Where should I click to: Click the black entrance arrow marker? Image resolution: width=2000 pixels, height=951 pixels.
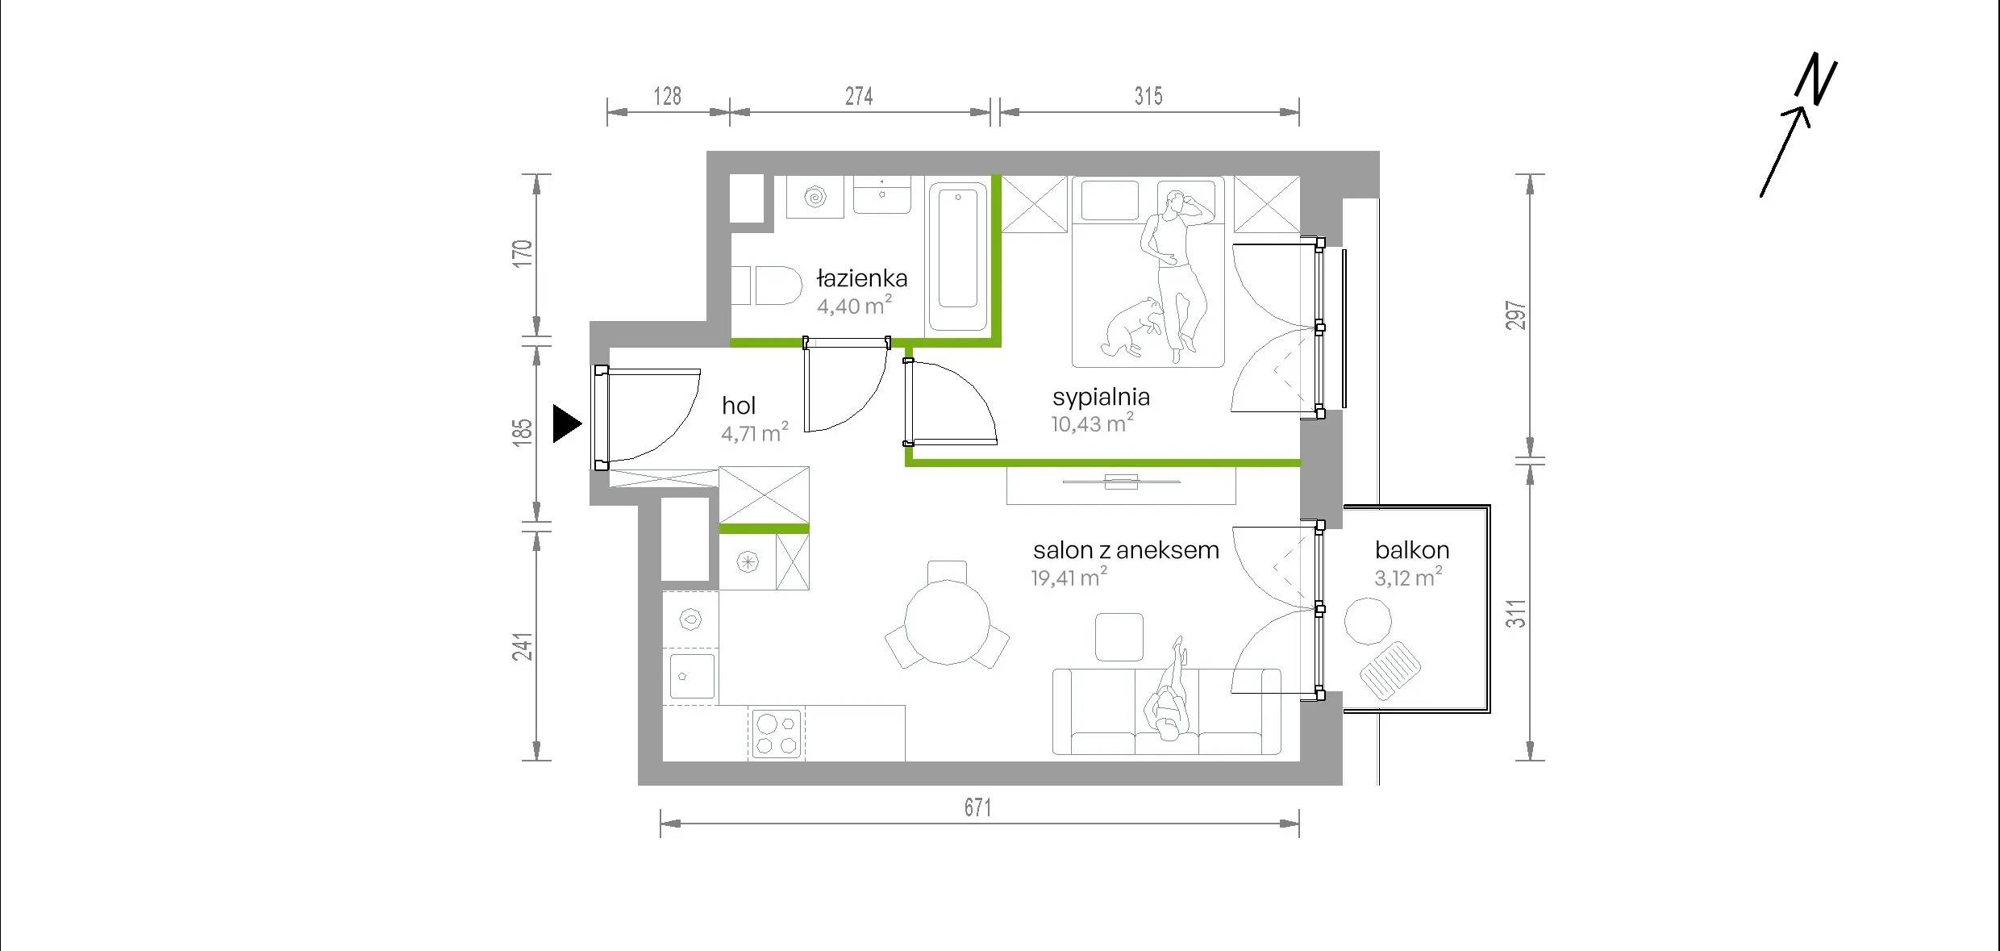tap(566, 424)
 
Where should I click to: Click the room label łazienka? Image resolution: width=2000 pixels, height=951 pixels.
tap(861, 279)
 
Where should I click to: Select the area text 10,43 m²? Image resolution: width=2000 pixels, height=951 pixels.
tap(1092, 423)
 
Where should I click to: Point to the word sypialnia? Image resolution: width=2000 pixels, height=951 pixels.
tap(1101, 397)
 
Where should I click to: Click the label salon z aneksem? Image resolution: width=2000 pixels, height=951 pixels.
tap(1126, 550)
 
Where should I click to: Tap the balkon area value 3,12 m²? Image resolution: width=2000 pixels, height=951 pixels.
tap(1408, 577)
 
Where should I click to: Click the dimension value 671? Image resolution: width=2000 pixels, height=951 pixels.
tap(977, 807)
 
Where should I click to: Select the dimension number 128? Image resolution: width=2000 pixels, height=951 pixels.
tap(667, 97)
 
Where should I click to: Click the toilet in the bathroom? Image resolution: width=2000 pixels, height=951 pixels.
tap(767, 286)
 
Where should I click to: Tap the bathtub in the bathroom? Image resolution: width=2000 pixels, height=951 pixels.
tap(958, 257)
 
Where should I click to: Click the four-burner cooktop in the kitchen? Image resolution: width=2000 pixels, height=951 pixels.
tap(777, 733)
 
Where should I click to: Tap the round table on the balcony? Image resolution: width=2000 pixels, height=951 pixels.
tap(1368, 620)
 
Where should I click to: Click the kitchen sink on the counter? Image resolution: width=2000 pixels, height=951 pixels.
tap(692, 676)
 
